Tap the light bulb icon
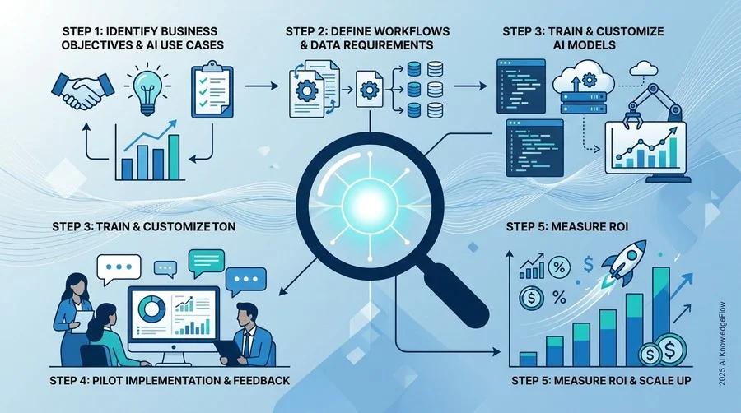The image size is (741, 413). tap(147, 90)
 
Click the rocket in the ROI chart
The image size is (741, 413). tap(625, 261)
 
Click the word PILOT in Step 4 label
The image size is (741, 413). tap(112, 380)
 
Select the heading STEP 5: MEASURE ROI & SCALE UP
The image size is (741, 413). tap(601, 380)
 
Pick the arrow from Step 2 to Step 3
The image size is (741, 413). tap(470, 86)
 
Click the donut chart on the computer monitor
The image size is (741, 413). tap(151, 309)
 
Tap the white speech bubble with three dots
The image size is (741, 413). tap(118, 268)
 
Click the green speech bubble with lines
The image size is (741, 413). tap(206, 262)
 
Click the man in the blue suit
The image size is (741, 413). tap(250, 337)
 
